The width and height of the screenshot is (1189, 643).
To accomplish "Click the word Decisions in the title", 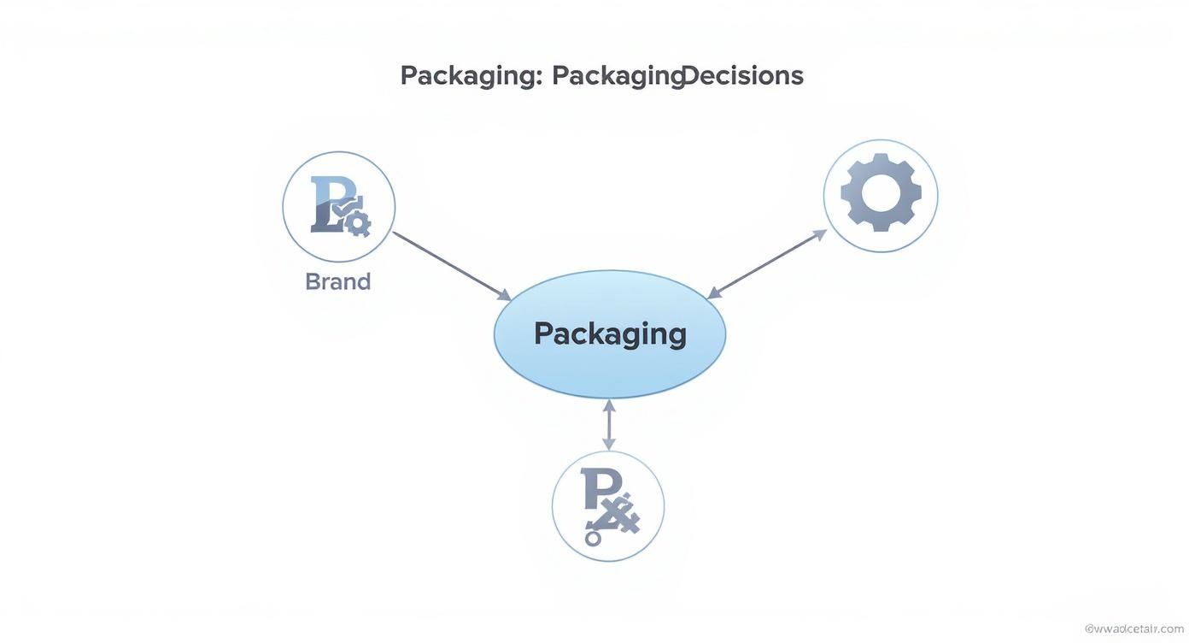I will tap(743, 75).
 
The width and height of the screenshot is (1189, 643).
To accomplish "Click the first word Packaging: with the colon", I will tap(471, 75).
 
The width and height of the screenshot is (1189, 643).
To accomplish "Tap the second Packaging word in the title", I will tap(617, 75).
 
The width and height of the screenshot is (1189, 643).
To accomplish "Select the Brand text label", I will tap(338, 281).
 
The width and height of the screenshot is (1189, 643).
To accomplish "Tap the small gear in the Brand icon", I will tap(357, 224).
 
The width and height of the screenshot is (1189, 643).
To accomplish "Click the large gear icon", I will tap(881, 192).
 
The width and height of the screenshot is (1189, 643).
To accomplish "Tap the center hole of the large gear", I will tap(881, 192).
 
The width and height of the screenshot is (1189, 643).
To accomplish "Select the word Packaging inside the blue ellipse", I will tap(610, 333).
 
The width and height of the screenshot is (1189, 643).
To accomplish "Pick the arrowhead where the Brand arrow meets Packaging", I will tap(505, 296).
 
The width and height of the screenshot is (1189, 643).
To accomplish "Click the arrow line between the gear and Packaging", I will tap(767, 264).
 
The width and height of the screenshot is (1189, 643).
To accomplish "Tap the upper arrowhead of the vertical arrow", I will tap(609, 404).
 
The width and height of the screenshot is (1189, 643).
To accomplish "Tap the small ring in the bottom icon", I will tap(593, 539).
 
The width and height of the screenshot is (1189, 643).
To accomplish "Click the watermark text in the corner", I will tap(1133, 628).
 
